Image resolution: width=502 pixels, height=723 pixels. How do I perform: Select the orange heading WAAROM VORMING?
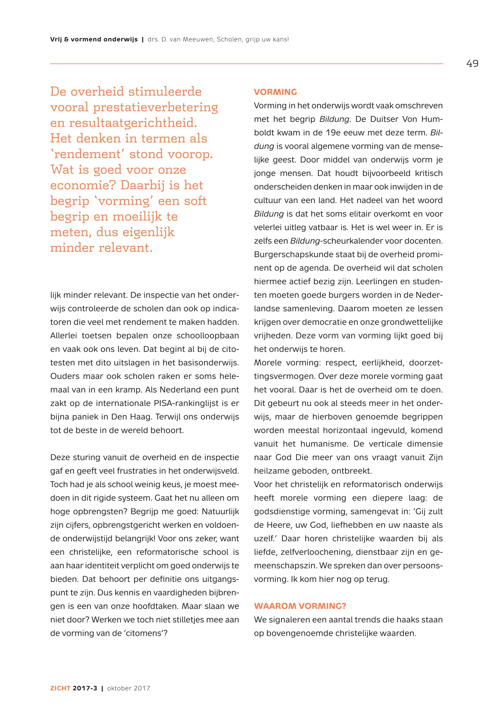300,606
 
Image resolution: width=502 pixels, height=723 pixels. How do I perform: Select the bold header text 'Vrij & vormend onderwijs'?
94,40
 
